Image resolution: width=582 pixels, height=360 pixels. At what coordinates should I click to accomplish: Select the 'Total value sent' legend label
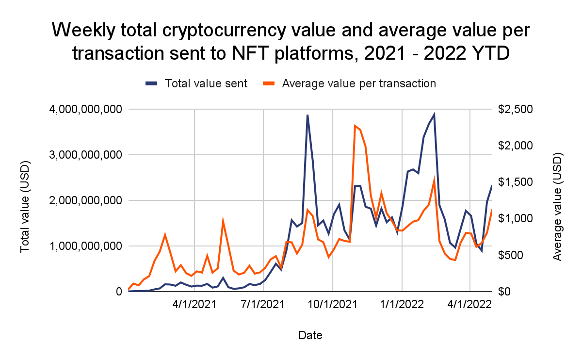click(x=206, y=83)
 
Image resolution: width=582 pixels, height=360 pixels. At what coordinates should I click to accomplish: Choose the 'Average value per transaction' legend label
click(x=359, y=83)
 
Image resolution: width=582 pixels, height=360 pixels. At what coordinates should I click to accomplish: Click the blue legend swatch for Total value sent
click(x=152, y=83)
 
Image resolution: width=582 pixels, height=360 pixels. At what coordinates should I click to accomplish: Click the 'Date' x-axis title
click(x=310, y=335)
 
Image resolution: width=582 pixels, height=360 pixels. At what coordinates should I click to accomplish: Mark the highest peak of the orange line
click(x=355, y=126)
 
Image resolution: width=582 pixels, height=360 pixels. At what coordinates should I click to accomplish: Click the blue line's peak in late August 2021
click(x=307, y=115)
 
